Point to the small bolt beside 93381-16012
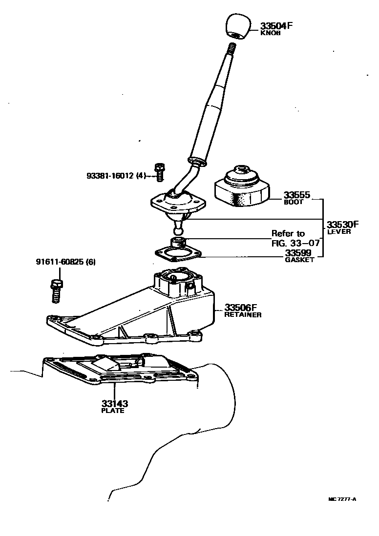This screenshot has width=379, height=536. [x=158, y=171]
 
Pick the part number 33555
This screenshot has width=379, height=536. [x=296, y=195]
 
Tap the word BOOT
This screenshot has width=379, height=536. [x=294, y=202]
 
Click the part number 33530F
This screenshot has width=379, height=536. [x=342, y=225]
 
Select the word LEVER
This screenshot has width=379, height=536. [x=339, y=232]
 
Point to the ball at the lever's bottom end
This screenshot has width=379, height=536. [x=178, y=228]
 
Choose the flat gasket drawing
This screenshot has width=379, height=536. [x=178, y=254]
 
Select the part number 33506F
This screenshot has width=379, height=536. [x=241, y=308]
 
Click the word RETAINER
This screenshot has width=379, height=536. [x=243, y=315]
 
